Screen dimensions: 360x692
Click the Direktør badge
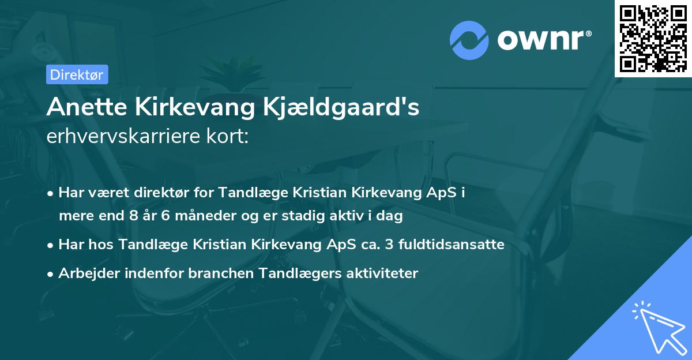click(76, 74)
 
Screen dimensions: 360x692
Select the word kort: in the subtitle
click(230, 136)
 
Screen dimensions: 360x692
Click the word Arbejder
click(86, 273)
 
